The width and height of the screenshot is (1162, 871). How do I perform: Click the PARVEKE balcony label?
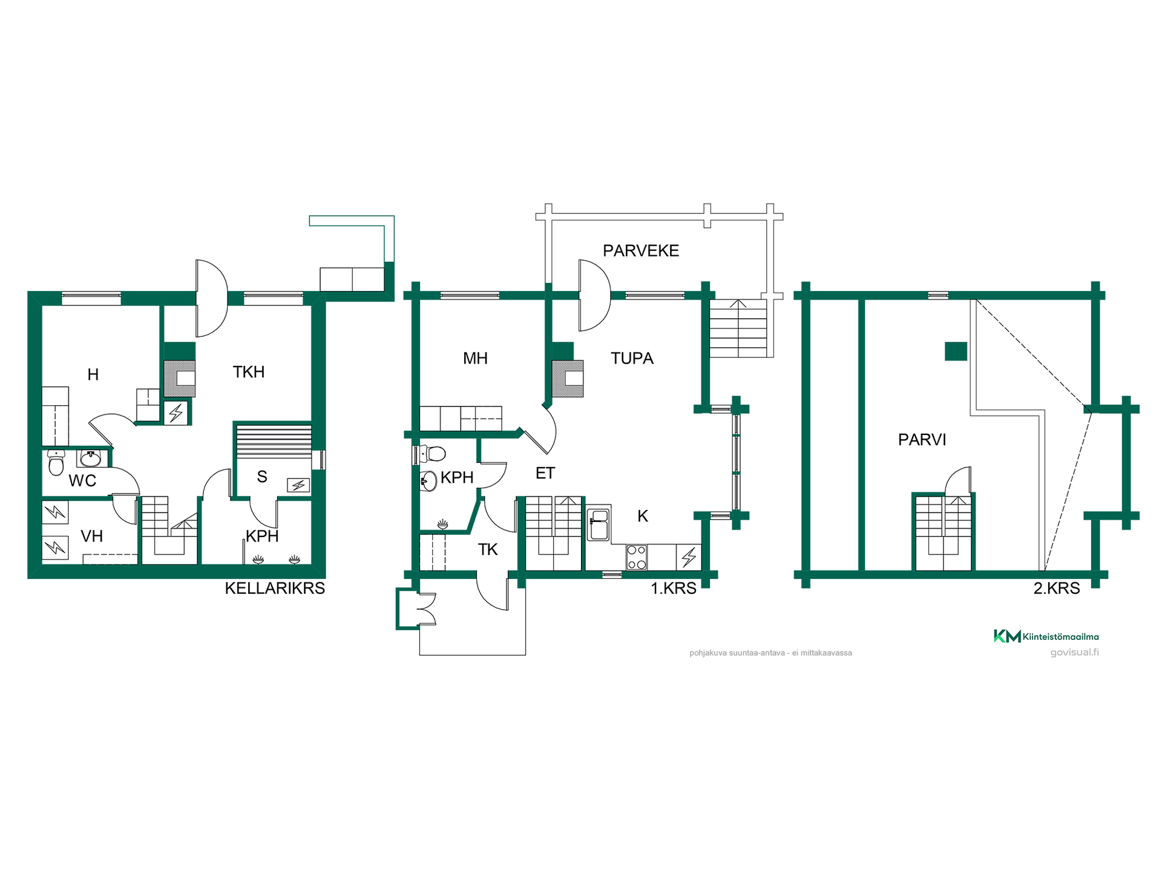(x=641, y=250)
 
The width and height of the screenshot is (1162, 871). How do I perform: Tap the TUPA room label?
(x=632, y=358)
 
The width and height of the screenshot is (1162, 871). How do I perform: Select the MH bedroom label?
(x=475, y=358)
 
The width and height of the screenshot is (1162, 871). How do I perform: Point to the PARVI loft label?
(x=922, y=440)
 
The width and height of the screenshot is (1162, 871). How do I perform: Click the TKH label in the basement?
(x=249, y=372)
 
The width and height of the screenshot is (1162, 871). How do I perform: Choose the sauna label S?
(x=262, y=477)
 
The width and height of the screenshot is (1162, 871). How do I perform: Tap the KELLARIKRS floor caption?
(x=275, y=588)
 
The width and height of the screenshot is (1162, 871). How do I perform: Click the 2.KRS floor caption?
(x=1057, y=588)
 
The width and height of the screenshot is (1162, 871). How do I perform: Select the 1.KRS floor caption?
(x=674, y=588)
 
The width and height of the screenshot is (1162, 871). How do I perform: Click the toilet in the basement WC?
(x=56, y=463)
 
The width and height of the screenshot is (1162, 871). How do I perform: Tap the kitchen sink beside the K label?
(x=599, y=524)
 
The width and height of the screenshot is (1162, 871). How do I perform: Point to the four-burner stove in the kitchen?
(x=637, y=558)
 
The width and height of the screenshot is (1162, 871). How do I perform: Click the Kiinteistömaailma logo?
(x=1046, y=636)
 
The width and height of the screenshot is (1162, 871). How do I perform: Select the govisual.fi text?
(x=1075, y=652)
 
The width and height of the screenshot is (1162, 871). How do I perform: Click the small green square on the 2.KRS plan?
(x=956, y=351)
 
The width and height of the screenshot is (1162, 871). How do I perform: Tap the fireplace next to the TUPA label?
(x=568, y=379)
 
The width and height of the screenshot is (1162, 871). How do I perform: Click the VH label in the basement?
(x=92, y=536)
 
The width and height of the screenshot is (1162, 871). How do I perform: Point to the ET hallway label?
(x=545, y=473)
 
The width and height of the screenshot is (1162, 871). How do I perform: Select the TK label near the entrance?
(x=488, y=549)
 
